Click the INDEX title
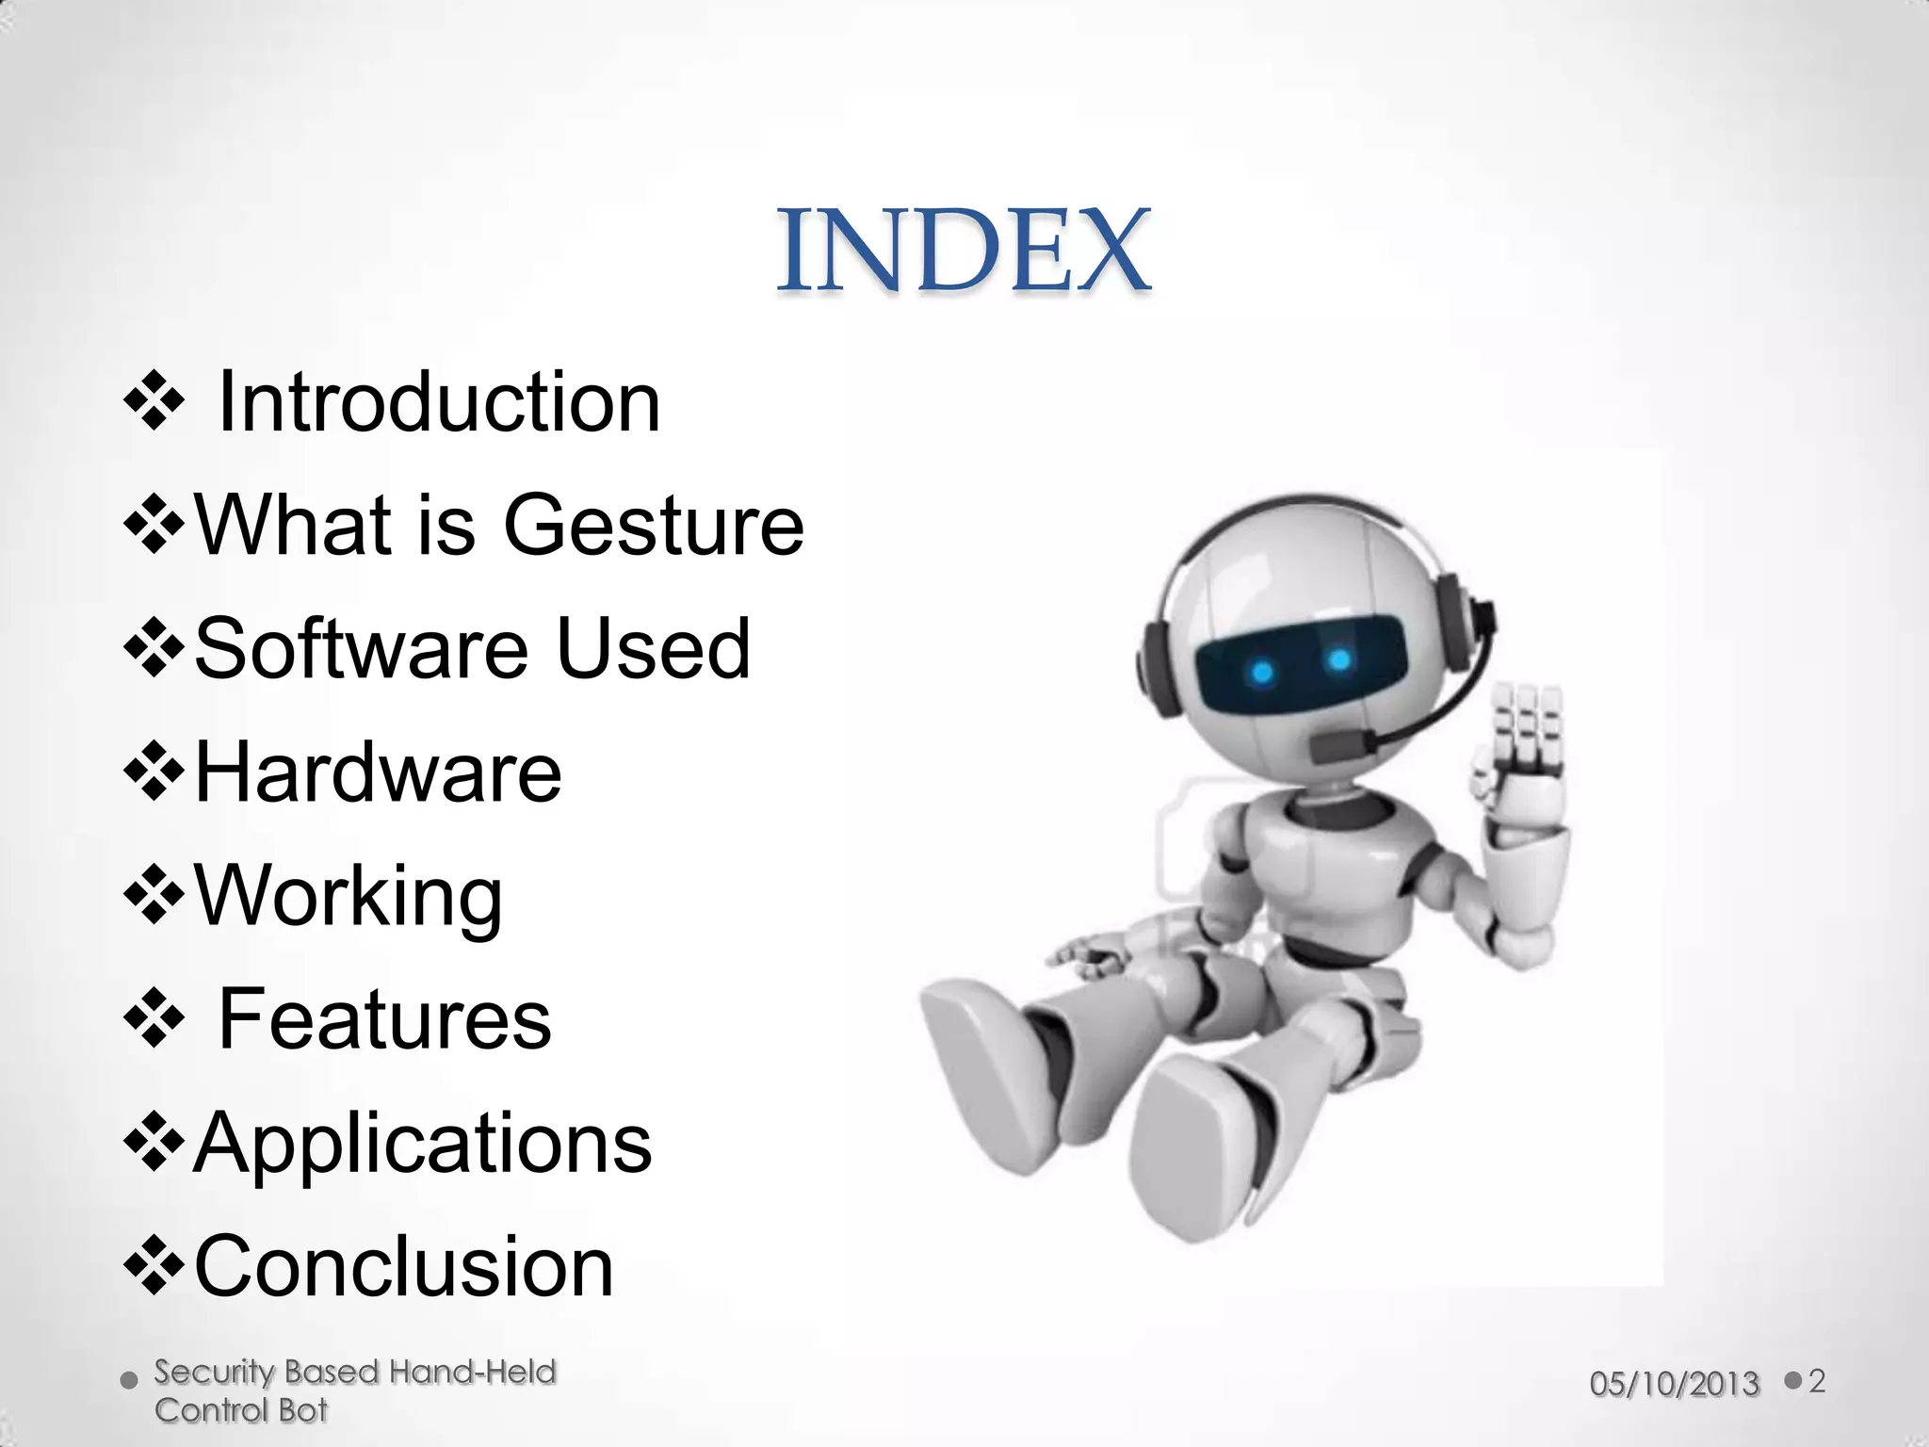[x=963, y=251]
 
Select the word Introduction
[x=439, y=403]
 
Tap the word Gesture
[x=654, y=526]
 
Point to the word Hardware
[x=378, y=772]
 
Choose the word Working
[x=348, y=897]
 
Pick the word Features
[x=384, y=1019]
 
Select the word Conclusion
[x=404, y=1267]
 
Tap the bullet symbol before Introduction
[x=153, y=403]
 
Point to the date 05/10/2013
[x=1674, y=1384]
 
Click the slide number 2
[x=1817, y=1382]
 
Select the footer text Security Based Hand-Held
[x=355, y=1372]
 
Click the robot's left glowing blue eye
[x=1262, y=673]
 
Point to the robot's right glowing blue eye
[x=1339, y=659]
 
